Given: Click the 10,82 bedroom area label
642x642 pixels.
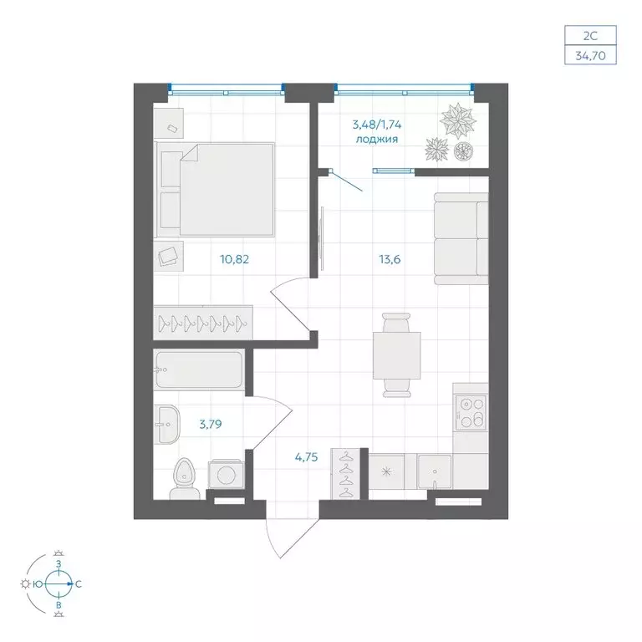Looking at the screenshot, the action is point(235,259).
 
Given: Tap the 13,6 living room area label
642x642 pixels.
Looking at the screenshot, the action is point(390,259).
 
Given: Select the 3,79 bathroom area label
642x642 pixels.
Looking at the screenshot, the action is point(211,424).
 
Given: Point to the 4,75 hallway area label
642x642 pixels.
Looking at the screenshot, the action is point(306,456).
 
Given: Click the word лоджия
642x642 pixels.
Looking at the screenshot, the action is point(377,140).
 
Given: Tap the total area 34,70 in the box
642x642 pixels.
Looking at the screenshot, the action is point(590,55).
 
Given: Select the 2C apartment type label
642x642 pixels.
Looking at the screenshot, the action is point(590,36).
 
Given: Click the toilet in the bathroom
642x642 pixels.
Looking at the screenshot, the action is point(185,479).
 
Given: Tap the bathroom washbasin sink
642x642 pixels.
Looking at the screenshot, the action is point(166,425).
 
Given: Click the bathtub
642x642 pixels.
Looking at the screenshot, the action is point(199,370).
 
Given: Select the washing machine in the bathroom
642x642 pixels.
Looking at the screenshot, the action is point(226,475).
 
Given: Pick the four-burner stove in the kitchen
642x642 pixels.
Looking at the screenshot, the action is point(470,413).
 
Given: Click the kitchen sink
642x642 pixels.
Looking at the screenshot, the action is point(435,471).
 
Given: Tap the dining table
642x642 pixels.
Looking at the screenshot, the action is point(397,355).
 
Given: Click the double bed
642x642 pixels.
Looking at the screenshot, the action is point(215,190).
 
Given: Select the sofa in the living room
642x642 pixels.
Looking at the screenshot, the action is point(461,239).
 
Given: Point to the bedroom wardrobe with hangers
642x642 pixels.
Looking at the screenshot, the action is point(203,323).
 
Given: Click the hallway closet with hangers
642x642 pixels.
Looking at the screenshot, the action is point(345,474).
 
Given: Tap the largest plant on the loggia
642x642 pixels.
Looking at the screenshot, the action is point(458,120).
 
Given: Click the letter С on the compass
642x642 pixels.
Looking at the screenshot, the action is point(79,584).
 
